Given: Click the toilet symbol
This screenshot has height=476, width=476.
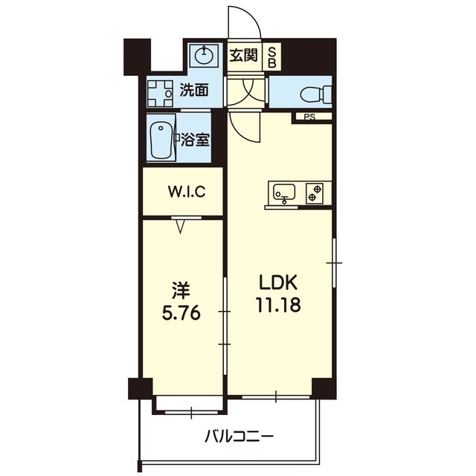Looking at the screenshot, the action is click(315, 93).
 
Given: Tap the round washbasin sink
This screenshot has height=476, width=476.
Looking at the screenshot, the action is click(204, 56).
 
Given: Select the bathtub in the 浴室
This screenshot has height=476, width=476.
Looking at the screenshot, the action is click(161, 141).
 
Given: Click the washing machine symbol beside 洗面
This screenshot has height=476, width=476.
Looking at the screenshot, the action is click(160, 94).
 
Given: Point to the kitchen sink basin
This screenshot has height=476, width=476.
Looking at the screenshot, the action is click(284, 192).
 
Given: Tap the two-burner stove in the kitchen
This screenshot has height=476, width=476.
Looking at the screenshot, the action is click(315, 193).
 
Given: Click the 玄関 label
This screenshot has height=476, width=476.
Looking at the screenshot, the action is click(243, 55).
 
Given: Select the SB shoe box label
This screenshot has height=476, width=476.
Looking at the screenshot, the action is click(272, 58).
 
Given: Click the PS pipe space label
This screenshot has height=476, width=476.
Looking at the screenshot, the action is click(310, 117).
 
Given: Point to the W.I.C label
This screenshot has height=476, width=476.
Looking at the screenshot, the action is click(187, 192).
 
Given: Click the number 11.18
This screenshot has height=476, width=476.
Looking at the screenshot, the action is click(278, 304).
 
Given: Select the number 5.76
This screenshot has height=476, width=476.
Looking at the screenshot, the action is click(181, 312).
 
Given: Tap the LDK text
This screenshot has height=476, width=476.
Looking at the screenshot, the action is click(277, 283).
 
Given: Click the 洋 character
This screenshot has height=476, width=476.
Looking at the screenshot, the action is click(181, 291).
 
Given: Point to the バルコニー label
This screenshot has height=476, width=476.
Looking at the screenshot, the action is click(239, 437).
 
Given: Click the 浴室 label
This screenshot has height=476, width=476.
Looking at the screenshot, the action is click(196, 140).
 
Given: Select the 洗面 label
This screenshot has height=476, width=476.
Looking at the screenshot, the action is click(194, 90).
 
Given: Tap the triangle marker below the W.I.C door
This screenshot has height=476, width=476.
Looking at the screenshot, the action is click(181, 226).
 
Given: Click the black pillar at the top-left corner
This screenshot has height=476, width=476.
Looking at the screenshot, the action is click(137, 57).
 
